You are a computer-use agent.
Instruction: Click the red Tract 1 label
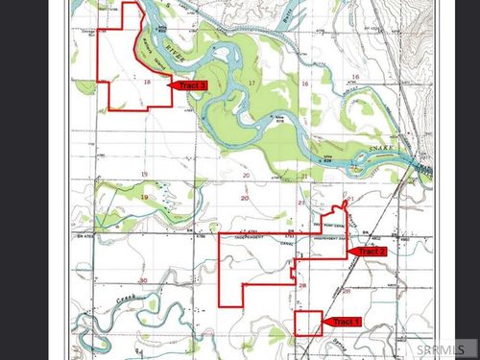click(x=344, y=322)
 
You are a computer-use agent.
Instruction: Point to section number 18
click(x=146, y=83)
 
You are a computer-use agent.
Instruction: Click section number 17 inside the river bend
click(x=252, y=84)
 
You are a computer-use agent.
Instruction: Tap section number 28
click(x=302, y=285)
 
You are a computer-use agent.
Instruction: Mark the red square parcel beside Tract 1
click(x=307, y=323)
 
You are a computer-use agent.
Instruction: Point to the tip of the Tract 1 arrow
click(x=324, y=322)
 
